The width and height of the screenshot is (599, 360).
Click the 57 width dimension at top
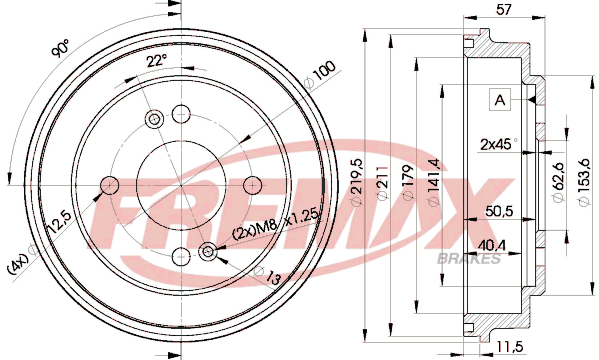(503, 9)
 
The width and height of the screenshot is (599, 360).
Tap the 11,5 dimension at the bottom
(510, 346)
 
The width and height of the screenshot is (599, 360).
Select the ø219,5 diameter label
(357, 182)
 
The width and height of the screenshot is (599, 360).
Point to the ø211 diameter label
(383, 182)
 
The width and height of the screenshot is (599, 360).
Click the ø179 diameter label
(408, 182)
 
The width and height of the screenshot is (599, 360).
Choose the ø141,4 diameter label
(434, 182)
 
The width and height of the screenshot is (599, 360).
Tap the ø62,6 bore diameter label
(558, 182)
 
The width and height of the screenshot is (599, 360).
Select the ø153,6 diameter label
(584, 182)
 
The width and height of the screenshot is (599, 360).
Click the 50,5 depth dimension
(499, 211)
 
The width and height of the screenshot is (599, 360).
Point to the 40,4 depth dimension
(492, 245)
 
